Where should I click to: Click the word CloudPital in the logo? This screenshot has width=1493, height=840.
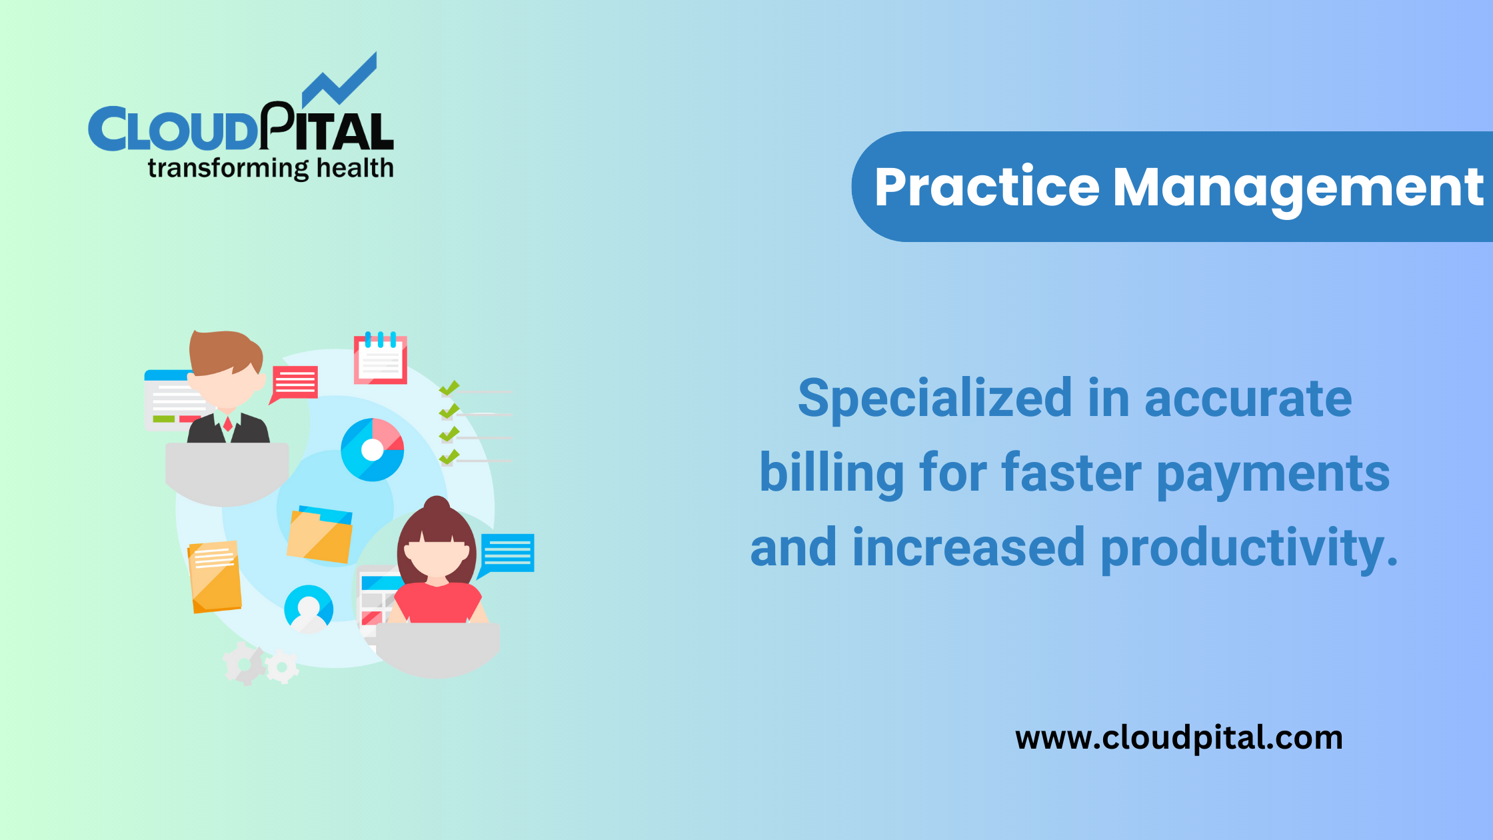click(241, 129)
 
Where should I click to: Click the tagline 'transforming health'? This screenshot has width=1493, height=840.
click(271, 169)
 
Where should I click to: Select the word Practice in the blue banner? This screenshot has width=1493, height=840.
click(986, 187)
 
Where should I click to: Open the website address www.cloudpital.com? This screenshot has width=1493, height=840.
click(1178, 738)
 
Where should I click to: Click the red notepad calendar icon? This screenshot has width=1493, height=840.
click(380, 359)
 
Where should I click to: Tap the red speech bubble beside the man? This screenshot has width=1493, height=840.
click(295, 383)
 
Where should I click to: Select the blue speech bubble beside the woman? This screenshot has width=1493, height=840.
click(508, 553)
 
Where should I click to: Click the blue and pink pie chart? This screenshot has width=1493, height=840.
click(372, 450)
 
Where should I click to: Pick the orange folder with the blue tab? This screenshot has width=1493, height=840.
click(320, 535)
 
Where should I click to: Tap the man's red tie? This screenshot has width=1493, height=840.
click(228, 423)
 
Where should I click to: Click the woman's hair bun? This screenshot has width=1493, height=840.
click(437, 505)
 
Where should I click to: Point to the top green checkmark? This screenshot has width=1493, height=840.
click(449, 388)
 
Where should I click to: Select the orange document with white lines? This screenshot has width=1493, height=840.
click(215, 577)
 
